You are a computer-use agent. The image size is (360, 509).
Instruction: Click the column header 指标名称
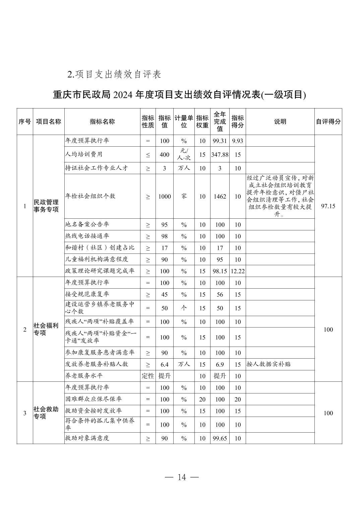point(102,122)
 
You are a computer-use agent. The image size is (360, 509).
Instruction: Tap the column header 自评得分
point(328,122)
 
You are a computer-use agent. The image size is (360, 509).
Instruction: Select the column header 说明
point(280,122)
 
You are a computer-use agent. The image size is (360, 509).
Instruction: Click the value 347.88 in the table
point(220,155)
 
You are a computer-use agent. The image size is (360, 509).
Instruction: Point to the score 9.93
point(237,141)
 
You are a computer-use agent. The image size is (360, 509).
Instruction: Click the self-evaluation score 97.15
point(328,206)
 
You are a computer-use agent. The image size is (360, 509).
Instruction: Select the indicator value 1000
point(165,197)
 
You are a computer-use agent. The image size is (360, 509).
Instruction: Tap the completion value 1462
point(220,197)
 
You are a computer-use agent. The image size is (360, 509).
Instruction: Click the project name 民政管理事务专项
point(46,206)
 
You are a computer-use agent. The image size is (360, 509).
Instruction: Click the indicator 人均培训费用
point(84,154)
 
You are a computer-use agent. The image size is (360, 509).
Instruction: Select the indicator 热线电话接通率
point(87,236)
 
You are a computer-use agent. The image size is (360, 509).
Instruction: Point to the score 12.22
point(237,271)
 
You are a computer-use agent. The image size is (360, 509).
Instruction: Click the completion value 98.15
point(220,271)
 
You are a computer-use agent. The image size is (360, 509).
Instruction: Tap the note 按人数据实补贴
point(268,364)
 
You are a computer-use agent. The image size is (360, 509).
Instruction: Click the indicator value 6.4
point(165,364)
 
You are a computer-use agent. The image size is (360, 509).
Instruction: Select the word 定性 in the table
point(148,376)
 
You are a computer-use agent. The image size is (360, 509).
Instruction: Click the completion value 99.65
point(220,438)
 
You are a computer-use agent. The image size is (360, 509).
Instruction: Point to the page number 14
point(182,477)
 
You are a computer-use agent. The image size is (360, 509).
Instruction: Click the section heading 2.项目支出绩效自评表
point(114,74)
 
